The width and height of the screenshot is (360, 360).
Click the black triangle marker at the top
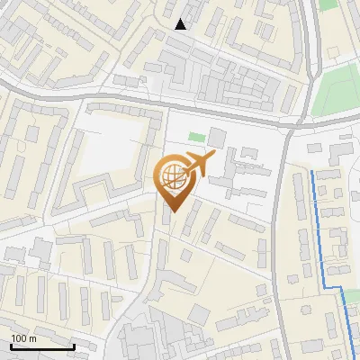point(181,24)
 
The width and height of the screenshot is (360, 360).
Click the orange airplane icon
point(199,164)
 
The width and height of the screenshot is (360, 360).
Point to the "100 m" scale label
point(23,338)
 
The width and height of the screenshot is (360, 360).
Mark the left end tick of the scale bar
point(11,345)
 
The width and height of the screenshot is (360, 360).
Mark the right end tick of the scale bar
point(74,345)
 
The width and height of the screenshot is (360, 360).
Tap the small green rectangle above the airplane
point(196,139)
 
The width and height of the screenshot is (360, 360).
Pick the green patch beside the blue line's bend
point(352,295)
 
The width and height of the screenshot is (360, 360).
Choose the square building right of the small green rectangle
point(218,138)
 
